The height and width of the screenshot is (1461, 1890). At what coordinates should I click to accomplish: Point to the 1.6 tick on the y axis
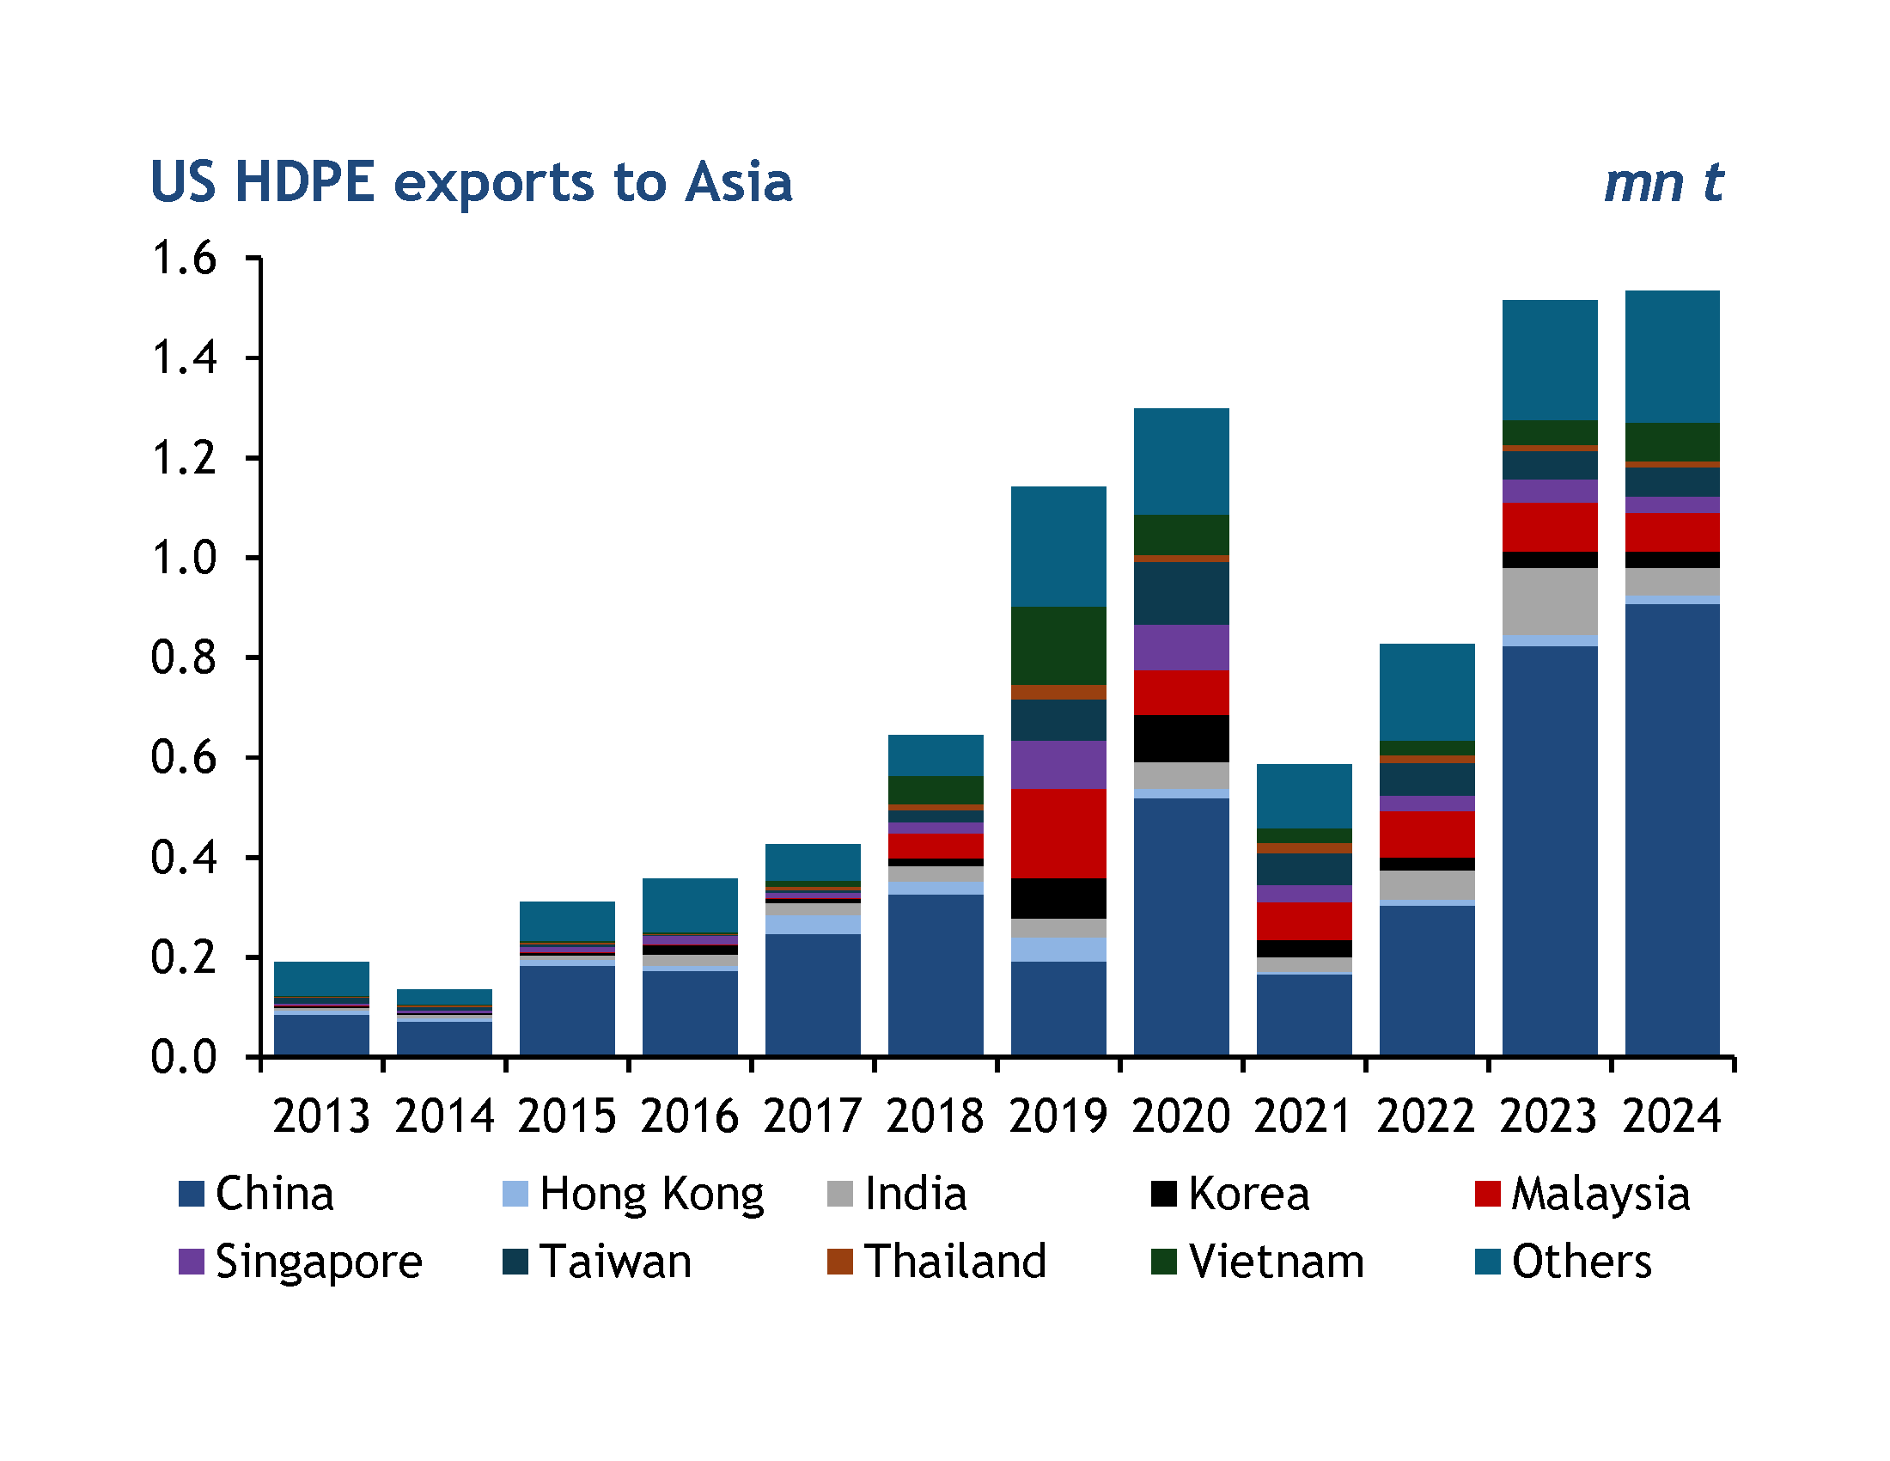(184, 258)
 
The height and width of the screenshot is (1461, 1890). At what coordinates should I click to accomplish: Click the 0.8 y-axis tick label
(184, 657)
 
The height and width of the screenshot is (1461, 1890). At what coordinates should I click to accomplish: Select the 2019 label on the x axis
(1058, 1116)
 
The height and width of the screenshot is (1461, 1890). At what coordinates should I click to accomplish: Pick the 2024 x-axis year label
(1672, 1116)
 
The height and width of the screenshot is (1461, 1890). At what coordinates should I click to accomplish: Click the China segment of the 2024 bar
(1672, 831)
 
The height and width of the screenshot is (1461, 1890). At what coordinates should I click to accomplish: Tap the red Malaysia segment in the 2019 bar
(1058, 834)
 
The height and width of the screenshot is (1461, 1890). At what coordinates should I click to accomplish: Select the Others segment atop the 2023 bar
(1549, 360)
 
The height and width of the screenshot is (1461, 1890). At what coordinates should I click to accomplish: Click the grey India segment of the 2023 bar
(1549, 602)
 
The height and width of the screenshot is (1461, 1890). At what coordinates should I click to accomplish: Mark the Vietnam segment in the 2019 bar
(1058, 645)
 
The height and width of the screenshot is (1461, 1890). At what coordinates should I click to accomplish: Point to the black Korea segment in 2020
(1181, 738)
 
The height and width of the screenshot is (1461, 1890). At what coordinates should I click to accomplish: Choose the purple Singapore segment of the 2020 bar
(1181, 647)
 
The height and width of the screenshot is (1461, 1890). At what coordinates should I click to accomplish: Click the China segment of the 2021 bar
(1304, 1015)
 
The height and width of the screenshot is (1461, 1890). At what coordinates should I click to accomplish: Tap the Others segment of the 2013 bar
(321, 979)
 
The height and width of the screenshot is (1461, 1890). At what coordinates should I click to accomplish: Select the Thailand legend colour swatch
(839, 1262)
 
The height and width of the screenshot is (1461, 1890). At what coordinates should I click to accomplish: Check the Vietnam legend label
(1277, 1262)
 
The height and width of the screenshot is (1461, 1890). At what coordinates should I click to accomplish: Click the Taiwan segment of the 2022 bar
(1427, 779)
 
